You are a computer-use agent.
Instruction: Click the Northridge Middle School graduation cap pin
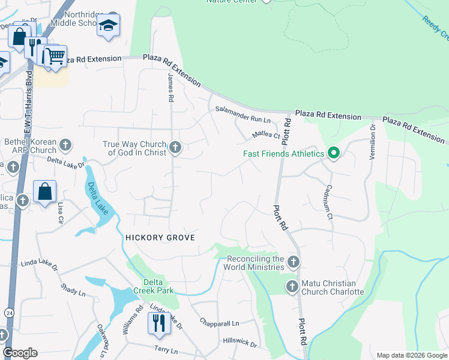pos(109,26)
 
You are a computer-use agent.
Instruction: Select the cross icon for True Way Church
pos(175,147)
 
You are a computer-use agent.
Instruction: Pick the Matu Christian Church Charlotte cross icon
pos(292,286)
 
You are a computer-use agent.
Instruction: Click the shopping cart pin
pos(55,56)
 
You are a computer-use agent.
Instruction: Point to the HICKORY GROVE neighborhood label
pos(160,238)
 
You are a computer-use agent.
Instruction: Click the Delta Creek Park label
pos(158,286)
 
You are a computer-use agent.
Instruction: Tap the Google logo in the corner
pos(20,352)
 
